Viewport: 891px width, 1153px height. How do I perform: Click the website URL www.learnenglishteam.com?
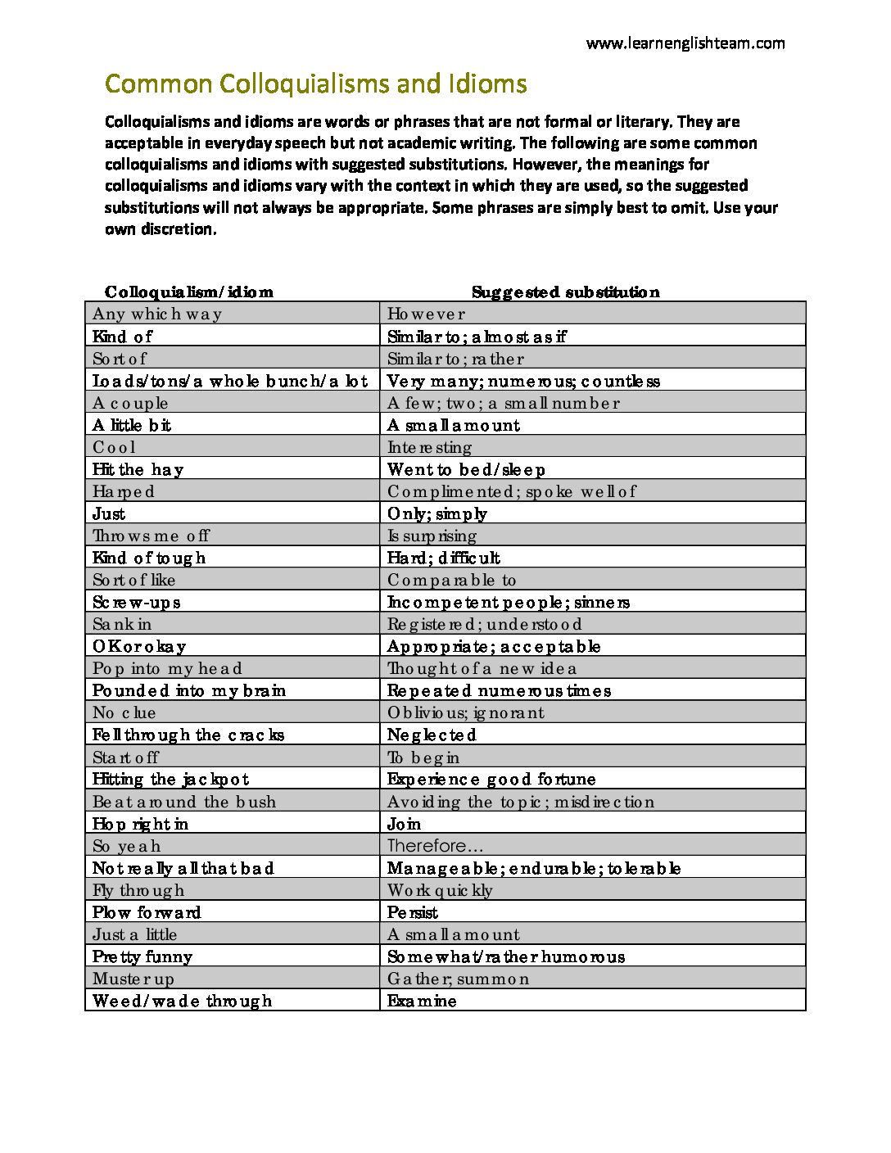[685, 43]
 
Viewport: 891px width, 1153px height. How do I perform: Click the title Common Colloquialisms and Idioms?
[315, 84]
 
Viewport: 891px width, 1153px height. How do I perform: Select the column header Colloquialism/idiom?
[189, 292]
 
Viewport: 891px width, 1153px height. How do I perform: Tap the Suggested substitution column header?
[565, 292]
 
